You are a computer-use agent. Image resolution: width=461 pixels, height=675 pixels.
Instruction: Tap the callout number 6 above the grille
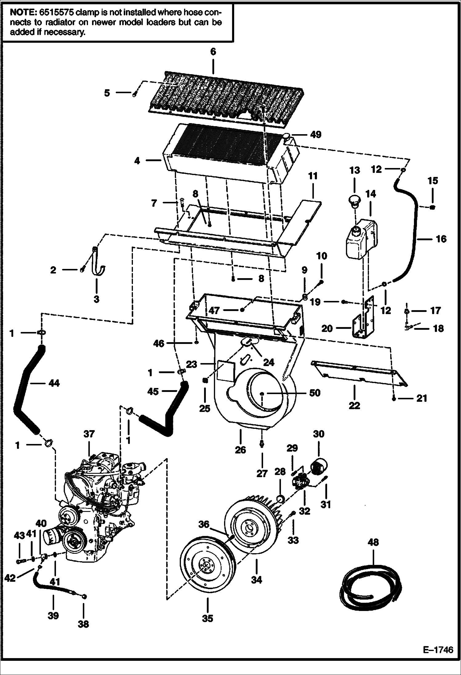(213, 51)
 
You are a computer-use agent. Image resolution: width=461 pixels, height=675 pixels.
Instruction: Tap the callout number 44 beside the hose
(54, 383)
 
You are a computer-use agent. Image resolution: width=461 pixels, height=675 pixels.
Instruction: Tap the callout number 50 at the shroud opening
(315, 393)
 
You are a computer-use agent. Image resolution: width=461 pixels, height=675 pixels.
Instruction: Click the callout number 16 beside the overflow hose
(441, 238)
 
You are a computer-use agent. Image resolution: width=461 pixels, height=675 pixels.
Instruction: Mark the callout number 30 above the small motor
(319, 434)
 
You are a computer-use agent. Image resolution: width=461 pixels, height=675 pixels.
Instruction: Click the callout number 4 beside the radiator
(137, 161)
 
